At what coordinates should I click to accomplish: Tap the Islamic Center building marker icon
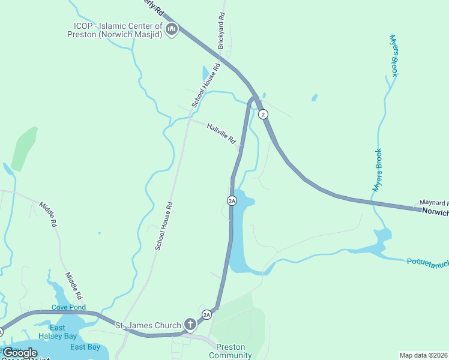pos(172,29)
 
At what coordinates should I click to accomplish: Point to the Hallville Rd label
pos(221,133)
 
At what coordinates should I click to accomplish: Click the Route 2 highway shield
pos(262,114)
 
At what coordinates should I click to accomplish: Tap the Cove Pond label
pos(68,307)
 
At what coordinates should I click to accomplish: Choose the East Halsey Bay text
pos(58,332)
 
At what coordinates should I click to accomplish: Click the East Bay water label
pos(85,347)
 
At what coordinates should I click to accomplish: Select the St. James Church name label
pos(148,325)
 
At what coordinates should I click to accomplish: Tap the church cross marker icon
pos(190,325)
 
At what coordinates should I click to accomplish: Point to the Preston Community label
pos(230,351)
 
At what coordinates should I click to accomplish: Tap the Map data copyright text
pos(423,355)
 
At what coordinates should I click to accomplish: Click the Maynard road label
pos(434,203)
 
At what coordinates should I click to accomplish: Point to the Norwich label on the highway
pos(435,212)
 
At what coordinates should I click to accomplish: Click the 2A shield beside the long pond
pos(232,200)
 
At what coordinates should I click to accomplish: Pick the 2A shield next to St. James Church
pos(206,314)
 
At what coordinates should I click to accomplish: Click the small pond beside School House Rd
pos(206,73)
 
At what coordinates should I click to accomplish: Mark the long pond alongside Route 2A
pos(238,240)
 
